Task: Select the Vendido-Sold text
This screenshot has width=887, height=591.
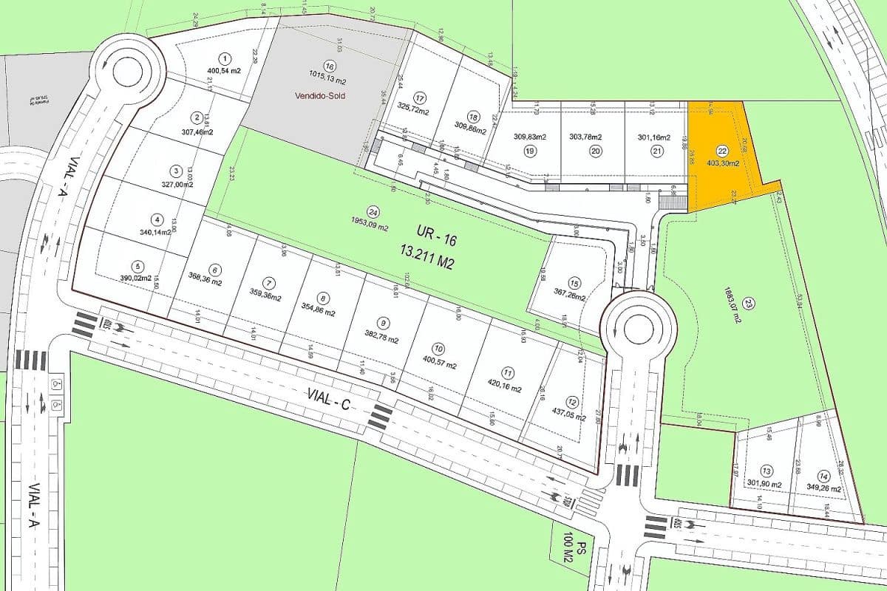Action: tap(320, 95)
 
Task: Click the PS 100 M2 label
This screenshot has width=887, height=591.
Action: tap(576, 550)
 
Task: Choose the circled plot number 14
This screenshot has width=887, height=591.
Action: tap(823, 476)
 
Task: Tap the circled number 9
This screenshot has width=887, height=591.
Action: tap(382, 323)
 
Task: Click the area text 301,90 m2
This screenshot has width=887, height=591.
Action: tap(764, 484)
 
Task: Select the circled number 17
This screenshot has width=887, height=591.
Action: tap(420, 98)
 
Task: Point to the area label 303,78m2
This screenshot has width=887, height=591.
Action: tap(585, 137)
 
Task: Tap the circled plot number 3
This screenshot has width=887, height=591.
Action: tap(176, 171)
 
